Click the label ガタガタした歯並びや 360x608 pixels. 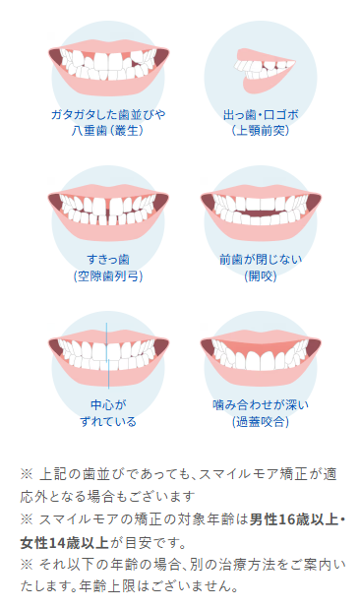108,114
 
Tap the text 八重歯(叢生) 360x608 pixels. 108,130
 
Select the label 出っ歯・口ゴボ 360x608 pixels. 260,114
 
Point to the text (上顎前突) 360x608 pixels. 260,130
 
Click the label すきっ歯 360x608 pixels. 108,260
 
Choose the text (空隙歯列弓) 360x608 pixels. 108,275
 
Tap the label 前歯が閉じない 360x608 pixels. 260,260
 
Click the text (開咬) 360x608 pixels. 260,275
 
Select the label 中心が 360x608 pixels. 108,405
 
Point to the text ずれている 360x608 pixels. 108,421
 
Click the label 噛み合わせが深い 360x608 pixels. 260,405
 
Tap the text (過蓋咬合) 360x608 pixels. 260,421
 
